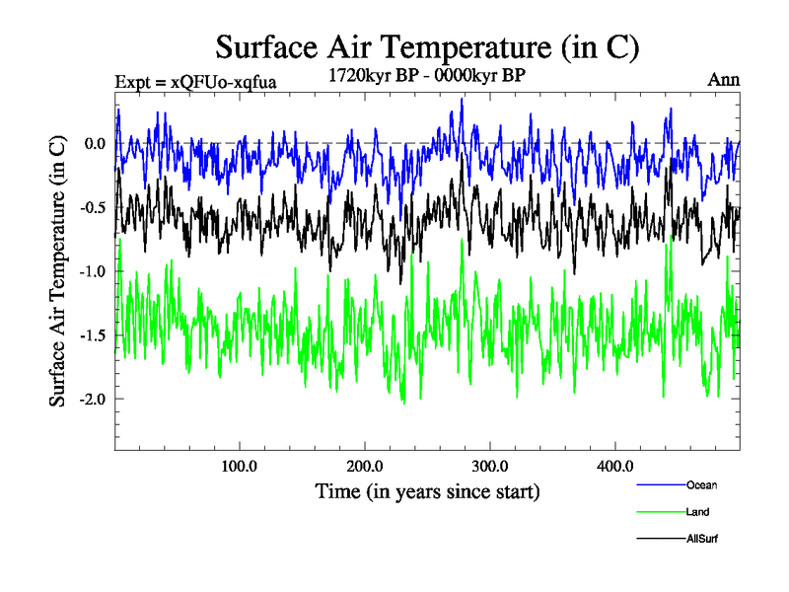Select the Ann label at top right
(x=724, y=80)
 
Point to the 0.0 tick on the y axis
(x=95, y=144)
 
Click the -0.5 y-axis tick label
(x=93, y=208)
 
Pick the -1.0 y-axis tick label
(x=93, y=271)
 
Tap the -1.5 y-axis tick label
(x=93, y=335)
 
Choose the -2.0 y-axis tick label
(x=93, y=399)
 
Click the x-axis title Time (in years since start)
(x=428, y=490)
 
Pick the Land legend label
(x=698, y=512)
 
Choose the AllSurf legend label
(x=703, y=540)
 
